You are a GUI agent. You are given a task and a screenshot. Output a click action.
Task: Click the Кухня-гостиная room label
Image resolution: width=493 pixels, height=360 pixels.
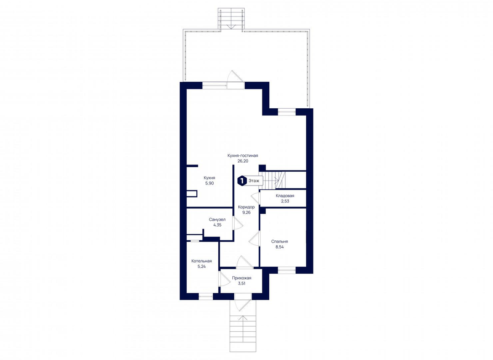tap(243, 155)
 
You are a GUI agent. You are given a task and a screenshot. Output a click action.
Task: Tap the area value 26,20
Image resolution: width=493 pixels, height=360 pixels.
tap(243, 161)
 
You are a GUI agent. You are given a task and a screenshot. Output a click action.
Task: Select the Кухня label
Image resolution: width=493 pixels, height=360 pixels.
tap(210, 178)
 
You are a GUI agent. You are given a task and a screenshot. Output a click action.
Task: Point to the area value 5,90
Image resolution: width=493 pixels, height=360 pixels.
tap(210, 183)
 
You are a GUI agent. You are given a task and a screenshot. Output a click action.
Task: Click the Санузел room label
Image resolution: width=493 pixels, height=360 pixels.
tap(217, 220)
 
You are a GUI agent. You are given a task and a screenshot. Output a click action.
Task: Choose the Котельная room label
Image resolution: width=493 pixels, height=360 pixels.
tap(202, 261)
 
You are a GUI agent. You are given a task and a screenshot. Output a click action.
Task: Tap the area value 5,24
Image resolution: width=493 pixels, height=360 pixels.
tap(202, 266)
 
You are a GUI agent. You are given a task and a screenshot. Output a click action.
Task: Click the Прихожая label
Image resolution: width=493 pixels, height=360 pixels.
tap(241, 278)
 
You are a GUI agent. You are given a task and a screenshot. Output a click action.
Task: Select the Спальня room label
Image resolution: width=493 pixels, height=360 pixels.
tap(279, 242)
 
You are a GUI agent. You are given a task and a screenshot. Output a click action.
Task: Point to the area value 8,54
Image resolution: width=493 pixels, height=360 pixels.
tap(279, 247)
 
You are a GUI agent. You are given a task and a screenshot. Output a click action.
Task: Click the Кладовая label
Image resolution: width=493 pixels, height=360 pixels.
tap(285, 196)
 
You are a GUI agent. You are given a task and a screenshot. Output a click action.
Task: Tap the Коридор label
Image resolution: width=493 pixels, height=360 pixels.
tap(246, 207)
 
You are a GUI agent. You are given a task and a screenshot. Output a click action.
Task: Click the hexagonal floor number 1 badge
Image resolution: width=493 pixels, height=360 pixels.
tap(242, 181)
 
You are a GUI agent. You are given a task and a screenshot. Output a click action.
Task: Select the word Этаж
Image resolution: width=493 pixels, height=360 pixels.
tap(254, 181)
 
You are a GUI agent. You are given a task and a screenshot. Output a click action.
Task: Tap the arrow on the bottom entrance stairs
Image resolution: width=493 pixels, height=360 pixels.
tap(243, 318)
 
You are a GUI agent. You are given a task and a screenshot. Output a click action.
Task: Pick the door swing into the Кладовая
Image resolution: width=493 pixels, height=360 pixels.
tap(256, 198)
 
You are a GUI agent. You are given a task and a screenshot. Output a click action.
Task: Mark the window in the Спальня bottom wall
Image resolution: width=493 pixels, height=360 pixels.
tap(286, 270)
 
